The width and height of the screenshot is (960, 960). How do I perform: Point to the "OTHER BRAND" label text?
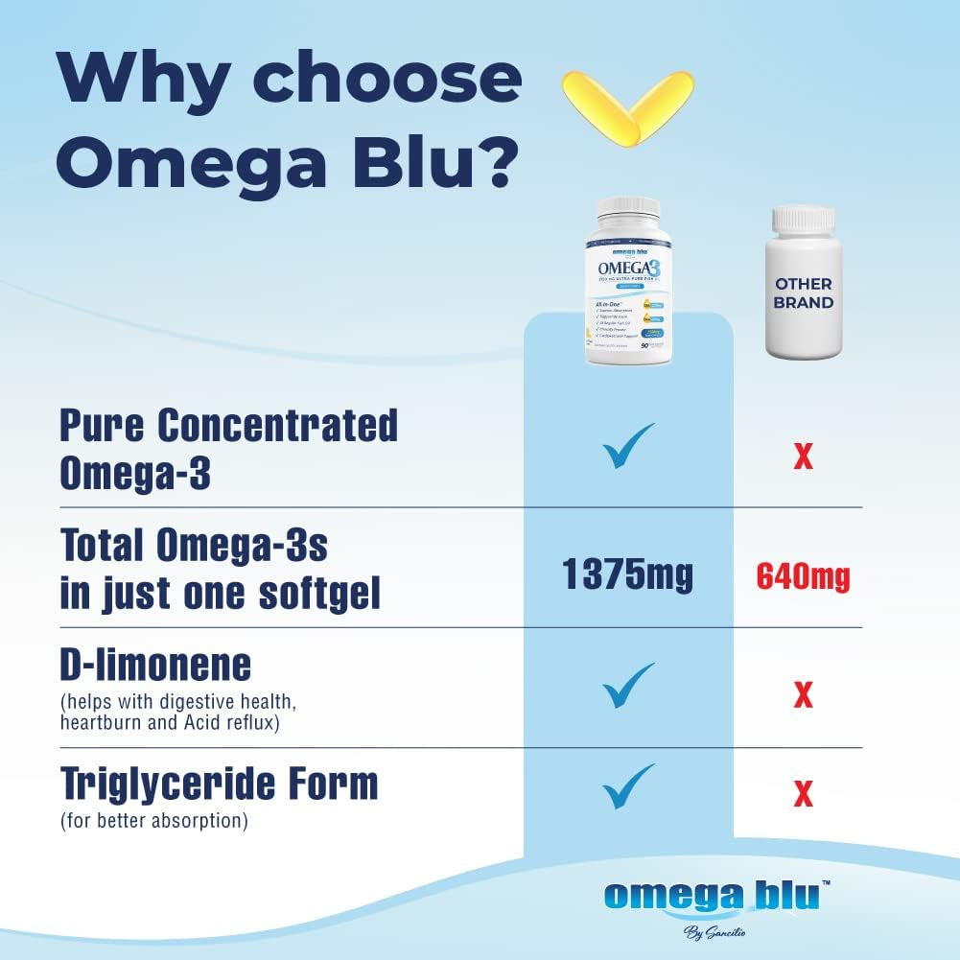click(804, 292)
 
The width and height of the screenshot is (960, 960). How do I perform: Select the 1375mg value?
click(627, 575)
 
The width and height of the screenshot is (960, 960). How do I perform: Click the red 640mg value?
click(803, 576)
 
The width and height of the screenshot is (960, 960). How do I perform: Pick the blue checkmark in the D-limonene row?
click(628, 685)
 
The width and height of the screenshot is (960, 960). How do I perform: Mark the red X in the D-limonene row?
click(803, 693)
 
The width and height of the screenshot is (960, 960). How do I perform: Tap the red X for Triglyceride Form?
click(803, 793)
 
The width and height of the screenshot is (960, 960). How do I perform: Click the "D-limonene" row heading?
click(155, 665)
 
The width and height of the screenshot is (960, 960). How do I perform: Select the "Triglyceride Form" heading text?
click(219, 784)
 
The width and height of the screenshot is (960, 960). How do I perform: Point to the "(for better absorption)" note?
click(153, 822)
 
